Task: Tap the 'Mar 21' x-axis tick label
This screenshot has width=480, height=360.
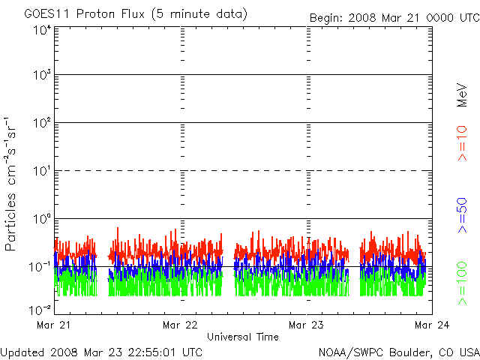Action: (52, 325)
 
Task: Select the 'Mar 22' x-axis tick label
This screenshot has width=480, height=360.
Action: (180, 325)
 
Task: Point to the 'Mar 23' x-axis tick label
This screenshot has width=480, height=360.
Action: (306, 325)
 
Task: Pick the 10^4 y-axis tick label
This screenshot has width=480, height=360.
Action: (41, 30)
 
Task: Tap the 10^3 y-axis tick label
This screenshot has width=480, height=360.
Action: (41, 76)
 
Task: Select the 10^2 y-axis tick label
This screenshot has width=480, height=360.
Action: (41, 124)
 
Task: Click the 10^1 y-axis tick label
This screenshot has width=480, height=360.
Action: (41, 172)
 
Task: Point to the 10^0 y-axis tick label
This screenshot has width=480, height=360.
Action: (41, 220)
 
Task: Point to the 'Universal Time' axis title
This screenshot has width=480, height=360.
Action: (243, 337)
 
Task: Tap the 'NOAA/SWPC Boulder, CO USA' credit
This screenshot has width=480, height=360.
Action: (398, 352)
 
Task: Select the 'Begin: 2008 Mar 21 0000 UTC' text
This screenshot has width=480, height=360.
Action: (394, 16)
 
